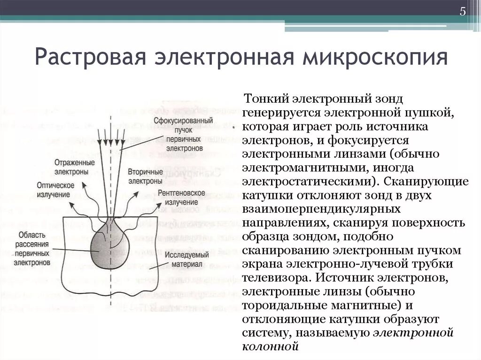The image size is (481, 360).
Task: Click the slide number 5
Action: coord(463,12)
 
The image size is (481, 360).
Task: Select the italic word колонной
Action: coord(271,347)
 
